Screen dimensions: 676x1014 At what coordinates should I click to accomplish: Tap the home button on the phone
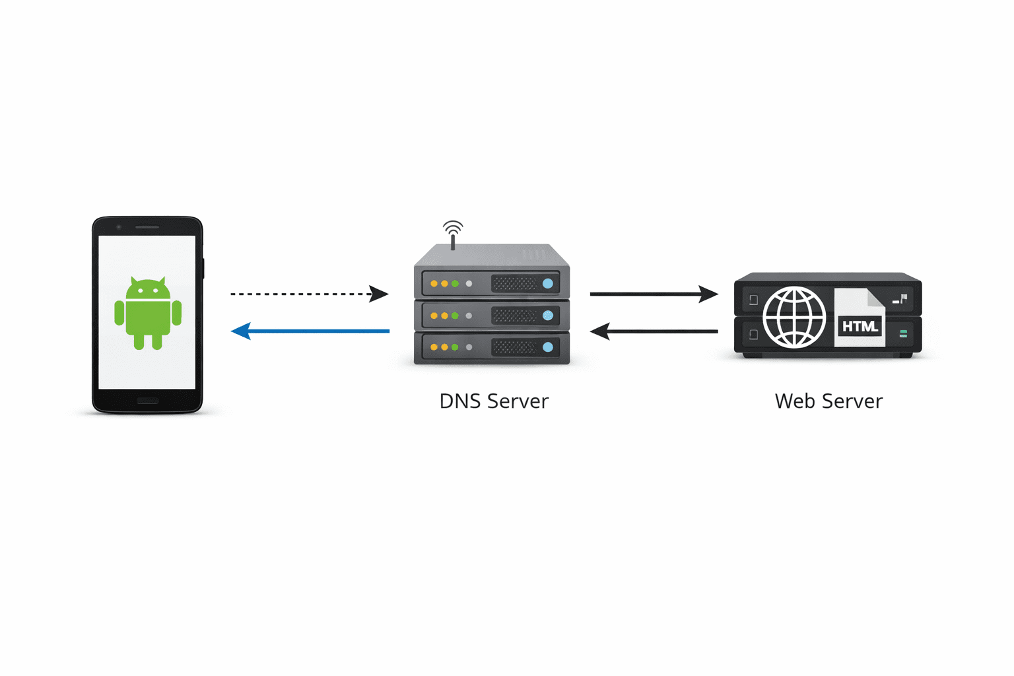point(147,401)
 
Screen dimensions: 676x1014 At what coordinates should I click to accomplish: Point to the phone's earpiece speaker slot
point(147,227)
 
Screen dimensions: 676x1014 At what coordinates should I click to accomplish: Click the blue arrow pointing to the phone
point(310,331)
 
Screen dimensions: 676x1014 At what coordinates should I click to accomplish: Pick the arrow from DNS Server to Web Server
point(654,294)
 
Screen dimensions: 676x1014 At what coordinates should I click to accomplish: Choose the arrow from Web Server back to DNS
point(654,331)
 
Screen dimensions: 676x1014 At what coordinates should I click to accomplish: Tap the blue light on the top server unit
point(548,284)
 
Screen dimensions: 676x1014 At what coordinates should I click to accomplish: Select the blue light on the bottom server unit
point(548,347)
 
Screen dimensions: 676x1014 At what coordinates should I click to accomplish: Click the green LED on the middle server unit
point(455,316)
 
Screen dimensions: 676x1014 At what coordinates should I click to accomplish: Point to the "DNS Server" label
point(494,401)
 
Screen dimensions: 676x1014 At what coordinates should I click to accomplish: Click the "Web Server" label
point(828,401)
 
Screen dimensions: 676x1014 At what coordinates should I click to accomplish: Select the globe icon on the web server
point(794,318)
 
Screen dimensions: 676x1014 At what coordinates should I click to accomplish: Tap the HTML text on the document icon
point(860,326)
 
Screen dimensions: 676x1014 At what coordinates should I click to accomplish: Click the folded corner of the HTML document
point(876,298)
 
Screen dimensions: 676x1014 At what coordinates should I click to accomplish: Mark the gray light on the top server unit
point(469,284)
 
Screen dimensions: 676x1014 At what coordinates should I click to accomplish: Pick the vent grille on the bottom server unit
point(515,347)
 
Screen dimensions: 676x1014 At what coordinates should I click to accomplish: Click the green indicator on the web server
point(903,335)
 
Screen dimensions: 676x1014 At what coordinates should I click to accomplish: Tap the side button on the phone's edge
point(203,269)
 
